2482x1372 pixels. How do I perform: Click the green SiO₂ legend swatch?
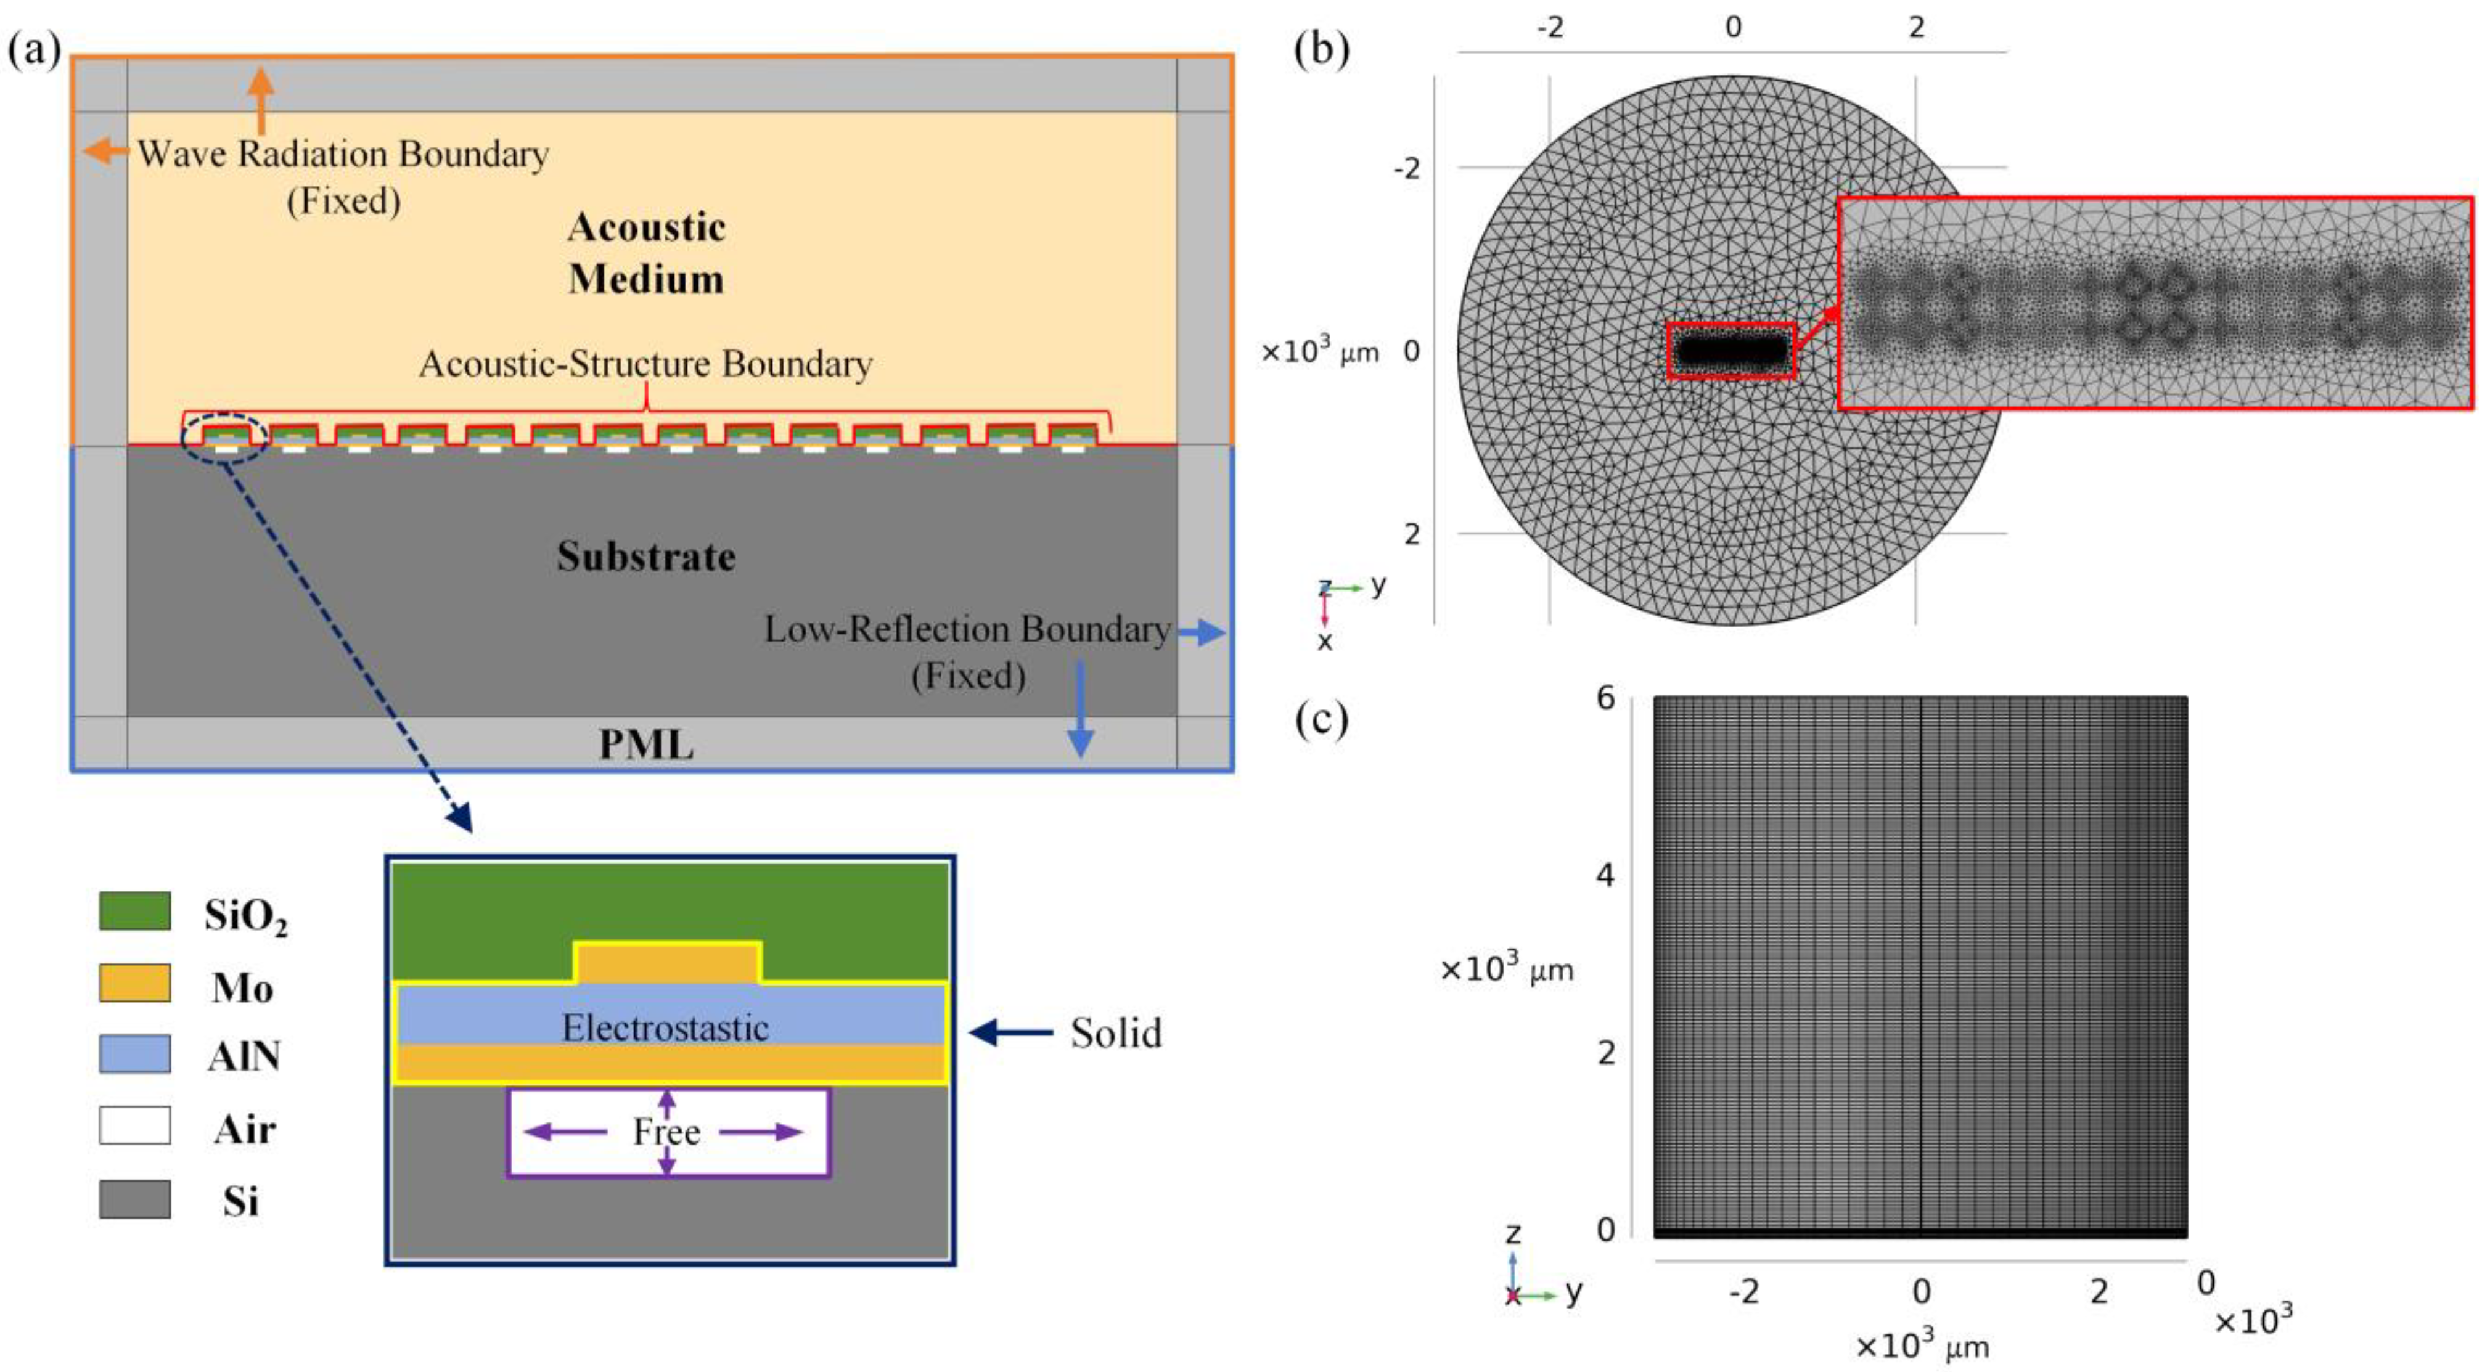(135, 910)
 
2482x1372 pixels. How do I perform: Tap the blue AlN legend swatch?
(135, 1054)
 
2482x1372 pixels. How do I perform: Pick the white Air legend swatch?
(135, 1125)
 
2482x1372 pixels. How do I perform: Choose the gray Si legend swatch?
(135, 1199)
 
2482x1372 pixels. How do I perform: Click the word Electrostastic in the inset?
(665, 1028)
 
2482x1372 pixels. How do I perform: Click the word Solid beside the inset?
(1116, 1033)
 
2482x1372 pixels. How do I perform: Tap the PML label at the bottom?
(645, 745)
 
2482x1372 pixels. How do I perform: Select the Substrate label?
(645, 557)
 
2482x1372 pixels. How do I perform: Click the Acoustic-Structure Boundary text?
(645, 364)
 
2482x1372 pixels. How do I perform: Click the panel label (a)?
(35, 48)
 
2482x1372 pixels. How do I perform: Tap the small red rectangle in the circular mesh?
(1732, 349)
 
